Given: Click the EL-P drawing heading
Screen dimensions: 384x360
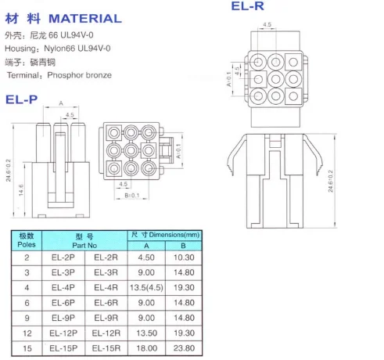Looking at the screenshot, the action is point(22,99).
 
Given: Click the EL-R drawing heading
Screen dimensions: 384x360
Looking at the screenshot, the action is point(248,6).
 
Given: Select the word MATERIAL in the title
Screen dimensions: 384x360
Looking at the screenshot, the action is point(85,19).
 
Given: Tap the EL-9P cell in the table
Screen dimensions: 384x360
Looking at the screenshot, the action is point(63,318).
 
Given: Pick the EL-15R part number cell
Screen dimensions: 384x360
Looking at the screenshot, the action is point(106,348).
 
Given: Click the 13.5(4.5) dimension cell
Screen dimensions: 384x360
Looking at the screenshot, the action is point(146,287).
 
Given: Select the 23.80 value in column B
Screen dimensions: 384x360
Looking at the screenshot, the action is point(184,348).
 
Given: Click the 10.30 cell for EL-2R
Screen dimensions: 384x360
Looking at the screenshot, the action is point(184,257).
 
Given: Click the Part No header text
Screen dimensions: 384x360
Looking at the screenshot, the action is point(84,246).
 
